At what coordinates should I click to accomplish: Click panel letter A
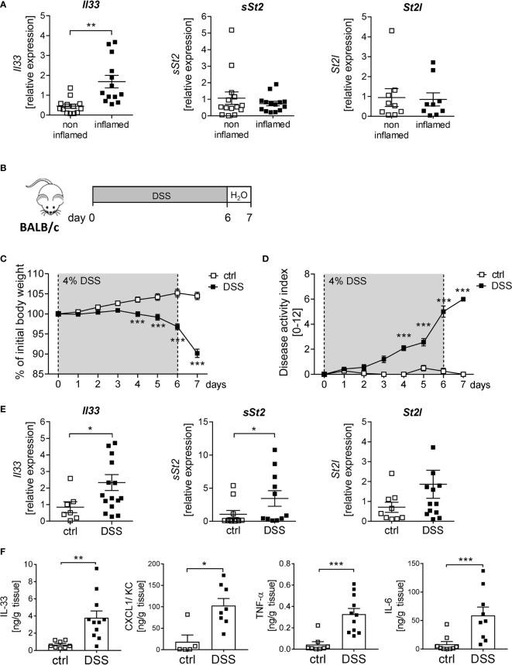(x=5, y=6)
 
